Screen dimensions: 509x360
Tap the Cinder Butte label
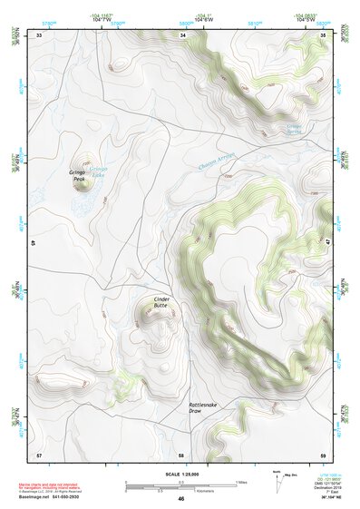(161, 302)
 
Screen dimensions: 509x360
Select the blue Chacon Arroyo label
(216, 162)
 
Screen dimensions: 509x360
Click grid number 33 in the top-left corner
(38, 34)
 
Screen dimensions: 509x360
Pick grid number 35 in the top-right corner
(325, 34)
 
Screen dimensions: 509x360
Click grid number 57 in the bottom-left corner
(38, 454)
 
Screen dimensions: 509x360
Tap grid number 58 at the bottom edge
(181, 454)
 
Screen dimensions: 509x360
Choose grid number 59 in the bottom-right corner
(324, 454)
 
